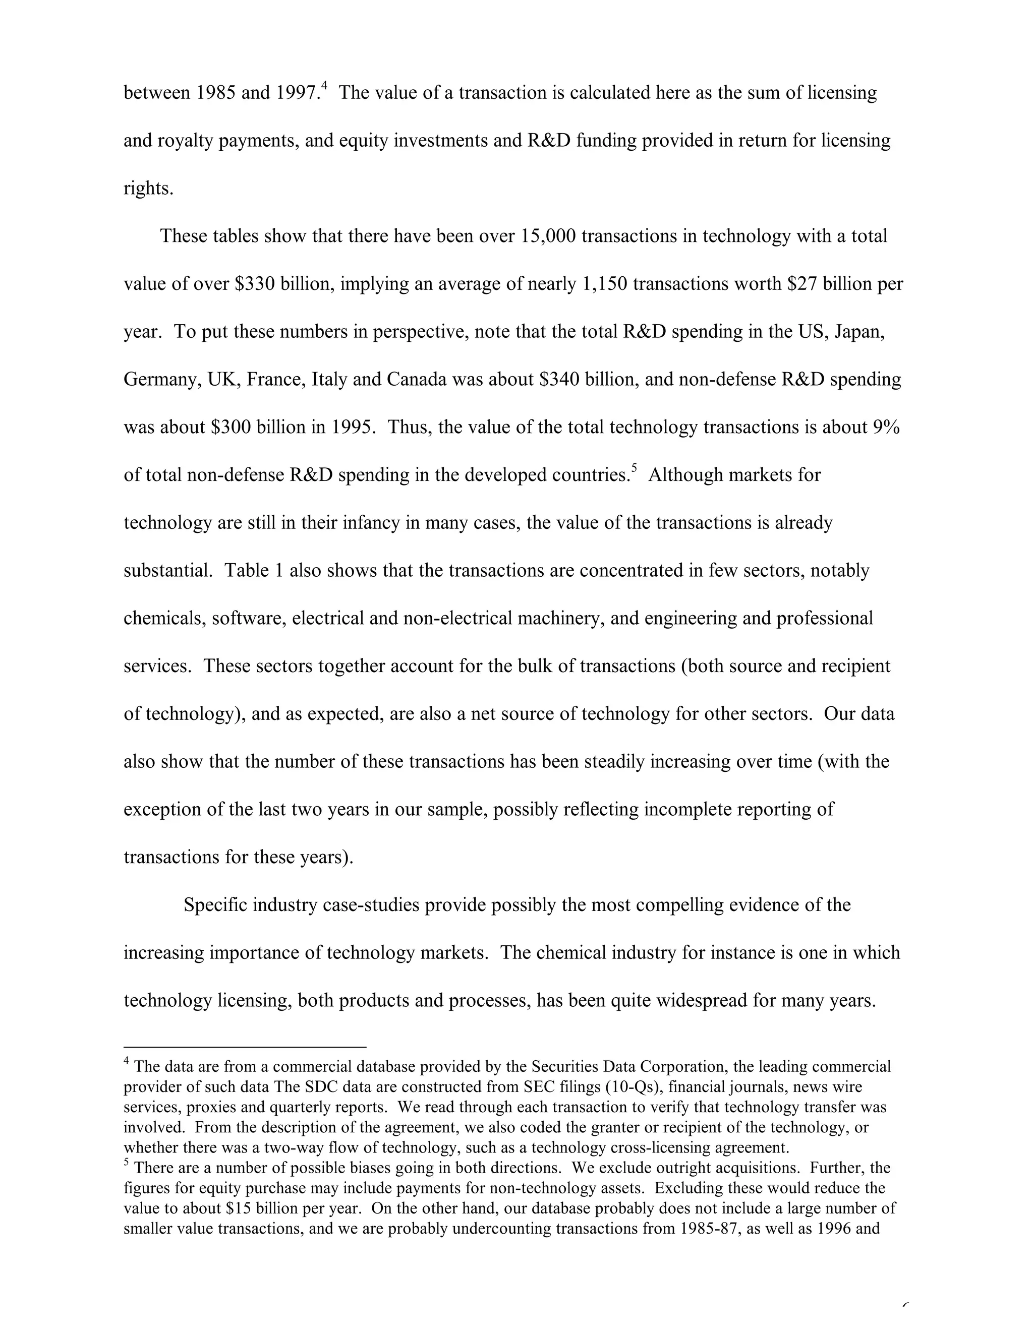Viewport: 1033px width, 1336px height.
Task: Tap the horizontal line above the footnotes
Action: tap(245, 1047)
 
